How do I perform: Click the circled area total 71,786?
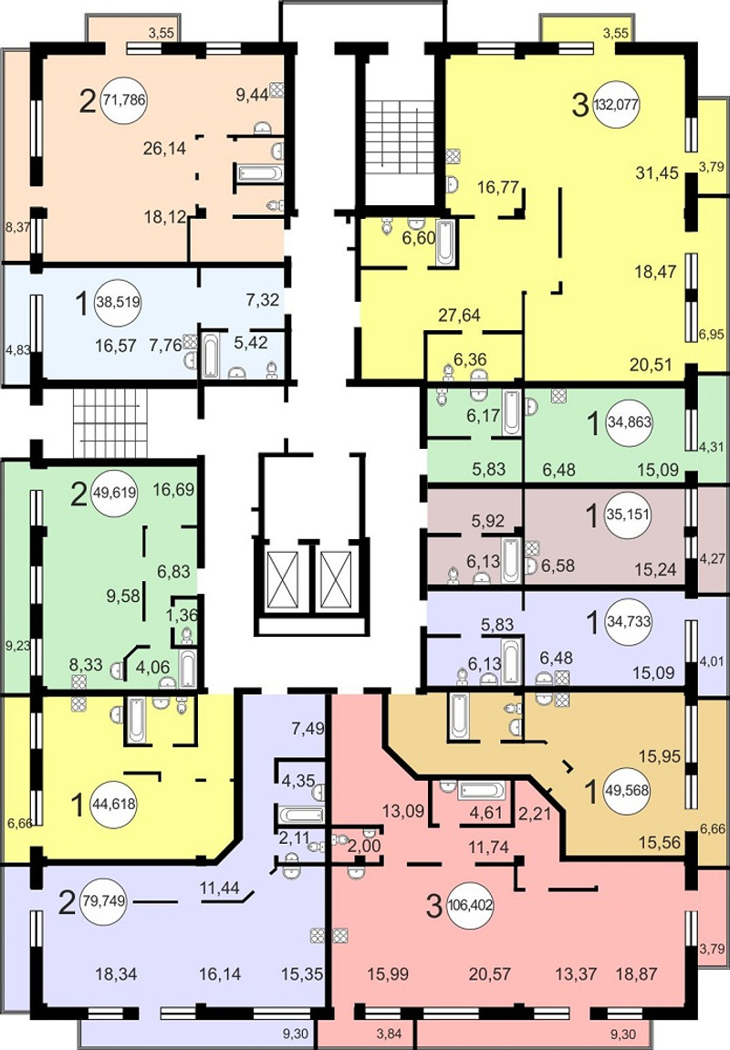click(125, 101)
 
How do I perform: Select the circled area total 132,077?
click(615, 105)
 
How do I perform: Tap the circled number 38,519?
click(118, 302)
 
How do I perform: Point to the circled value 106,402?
click(470, 906)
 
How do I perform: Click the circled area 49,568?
click(626, 790)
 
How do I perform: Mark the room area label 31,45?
click(657, 172)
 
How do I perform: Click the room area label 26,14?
click(164, 148)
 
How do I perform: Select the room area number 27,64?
click(459, 315)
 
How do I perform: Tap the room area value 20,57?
click(490, 973)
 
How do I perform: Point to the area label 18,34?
click(116, 973)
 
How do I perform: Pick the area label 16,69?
click(173, 490)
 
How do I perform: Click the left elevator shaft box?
click(282, 580)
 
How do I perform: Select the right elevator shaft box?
click(336, 580)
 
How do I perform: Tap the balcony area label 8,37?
click(17, 227)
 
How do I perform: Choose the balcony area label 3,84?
click(389, 1034)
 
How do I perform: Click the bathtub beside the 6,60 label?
click(444, 243)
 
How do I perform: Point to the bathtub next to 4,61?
click(481, 790)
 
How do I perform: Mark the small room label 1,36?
click(182, 614)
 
